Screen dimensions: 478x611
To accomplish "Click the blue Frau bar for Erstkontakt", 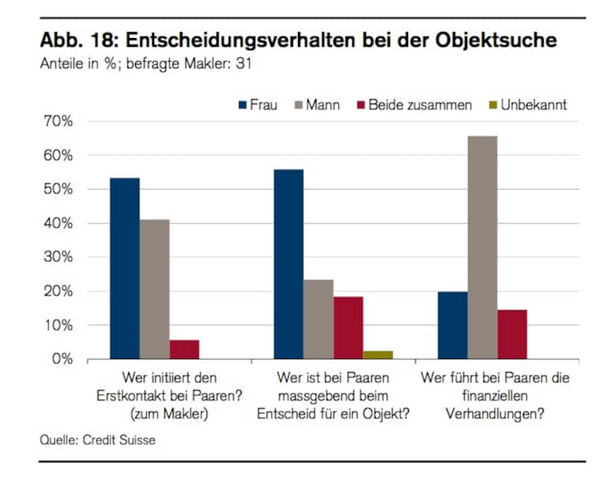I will coord(125,268).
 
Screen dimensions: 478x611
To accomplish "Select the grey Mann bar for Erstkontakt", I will coord(155,289).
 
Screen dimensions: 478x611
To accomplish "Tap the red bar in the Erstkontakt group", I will coord(184,349).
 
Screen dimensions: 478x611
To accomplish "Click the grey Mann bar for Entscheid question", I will coord(318,319).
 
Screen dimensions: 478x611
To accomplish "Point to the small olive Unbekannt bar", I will coord(378,354).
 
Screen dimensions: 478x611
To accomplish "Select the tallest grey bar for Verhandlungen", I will coord(482,247).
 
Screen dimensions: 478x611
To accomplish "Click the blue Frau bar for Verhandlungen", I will coord(452,325).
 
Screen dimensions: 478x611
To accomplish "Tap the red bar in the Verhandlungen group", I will coord(512,334).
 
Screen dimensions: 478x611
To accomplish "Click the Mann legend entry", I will coord(317,105).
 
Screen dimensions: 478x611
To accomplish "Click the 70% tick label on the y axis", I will coord(58,122).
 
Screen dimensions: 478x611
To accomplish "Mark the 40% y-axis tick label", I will coord(58,223).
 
